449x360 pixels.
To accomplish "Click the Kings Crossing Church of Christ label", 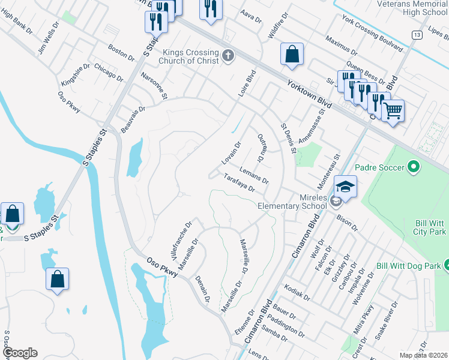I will [x=188, y=56].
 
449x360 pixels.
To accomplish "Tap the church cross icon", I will [x=227, y=56].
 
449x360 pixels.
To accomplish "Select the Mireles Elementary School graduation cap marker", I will [x=346, y=187].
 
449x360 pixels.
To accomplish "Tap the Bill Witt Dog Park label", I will [x=408, y=265].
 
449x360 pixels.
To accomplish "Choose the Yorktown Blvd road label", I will [x=310, y=95].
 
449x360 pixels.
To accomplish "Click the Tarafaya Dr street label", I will [x=240, y=182].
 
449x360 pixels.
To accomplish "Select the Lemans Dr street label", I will [x=253, y=175].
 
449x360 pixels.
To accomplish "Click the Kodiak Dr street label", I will [x=298, y=292].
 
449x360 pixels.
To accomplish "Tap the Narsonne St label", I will [x=154, y=86].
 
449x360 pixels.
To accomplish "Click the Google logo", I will [x=19, y=353].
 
